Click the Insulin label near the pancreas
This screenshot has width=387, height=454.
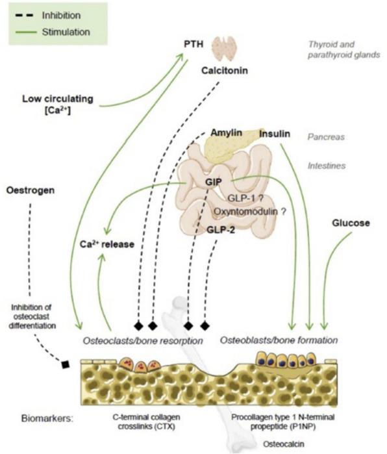coord(276,134)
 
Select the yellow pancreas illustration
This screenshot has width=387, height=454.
coord(227,144)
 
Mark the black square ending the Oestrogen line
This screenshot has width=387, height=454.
coord(65,364)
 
